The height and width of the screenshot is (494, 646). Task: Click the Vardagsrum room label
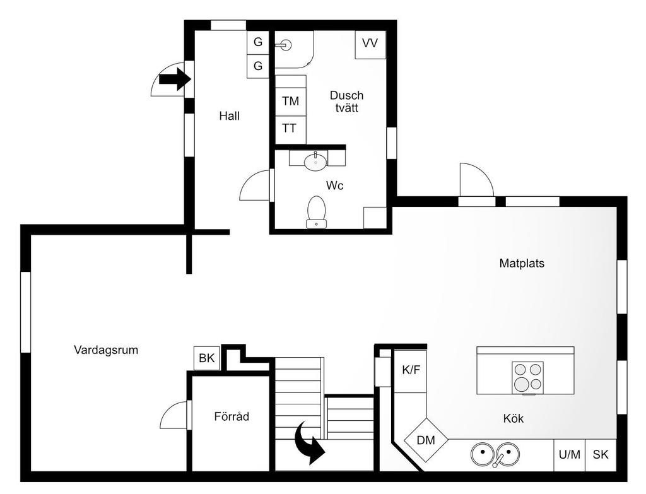(x=106, y=350)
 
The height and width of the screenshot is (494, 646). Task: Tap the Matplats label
(x=522, y=263)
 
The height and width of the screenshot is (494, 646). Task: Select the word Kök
(x=514, y=418)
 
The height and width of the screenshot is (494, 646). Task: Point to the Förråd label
(x=232, y=416)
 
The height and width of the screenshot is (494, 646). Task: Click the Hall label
(x=230, y=116)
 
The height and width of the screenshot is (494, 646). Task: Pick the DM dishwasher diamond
(x=426, y=440)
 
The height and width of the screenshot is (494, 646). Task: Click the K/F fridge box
(x=410, y=371)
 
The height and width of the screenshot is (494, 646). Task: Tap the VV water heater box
(x=370, y=44)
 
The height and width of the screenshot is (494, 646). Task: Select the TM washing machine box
(x=290, y=101)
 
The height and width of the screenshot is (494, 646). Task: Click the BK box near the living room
(x=207, y=358)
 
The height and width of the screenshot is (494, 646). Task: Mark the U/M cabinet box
(x=570, y=455)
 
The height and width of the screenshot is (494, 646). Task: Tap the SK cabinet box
(x=601, y=455)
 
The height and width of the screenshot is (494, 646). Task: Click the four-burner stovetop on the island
(x=528, y=378)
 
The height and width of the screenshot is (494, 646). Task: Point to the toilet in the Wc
(x=317, y=212)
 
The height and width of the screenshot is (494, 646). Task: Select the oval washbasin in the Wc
(x=315, y=162)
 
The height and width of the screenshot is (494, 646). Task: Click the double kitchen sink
(x=495, y=454)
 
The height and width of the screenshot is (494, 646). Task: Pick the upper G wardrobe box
(x=258, y=42)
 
